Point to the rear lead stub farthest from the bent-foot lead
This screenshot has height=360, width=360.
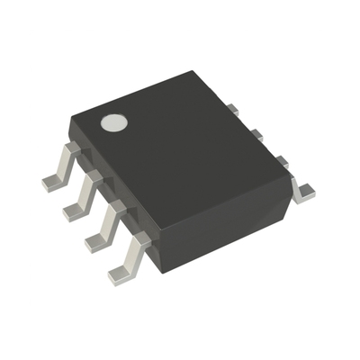coord(232,110)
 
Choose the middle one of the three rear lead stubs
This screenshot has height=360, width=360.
coord(256,134)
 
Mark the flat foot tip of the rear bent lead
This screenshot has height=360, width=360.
coord(307,190)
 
